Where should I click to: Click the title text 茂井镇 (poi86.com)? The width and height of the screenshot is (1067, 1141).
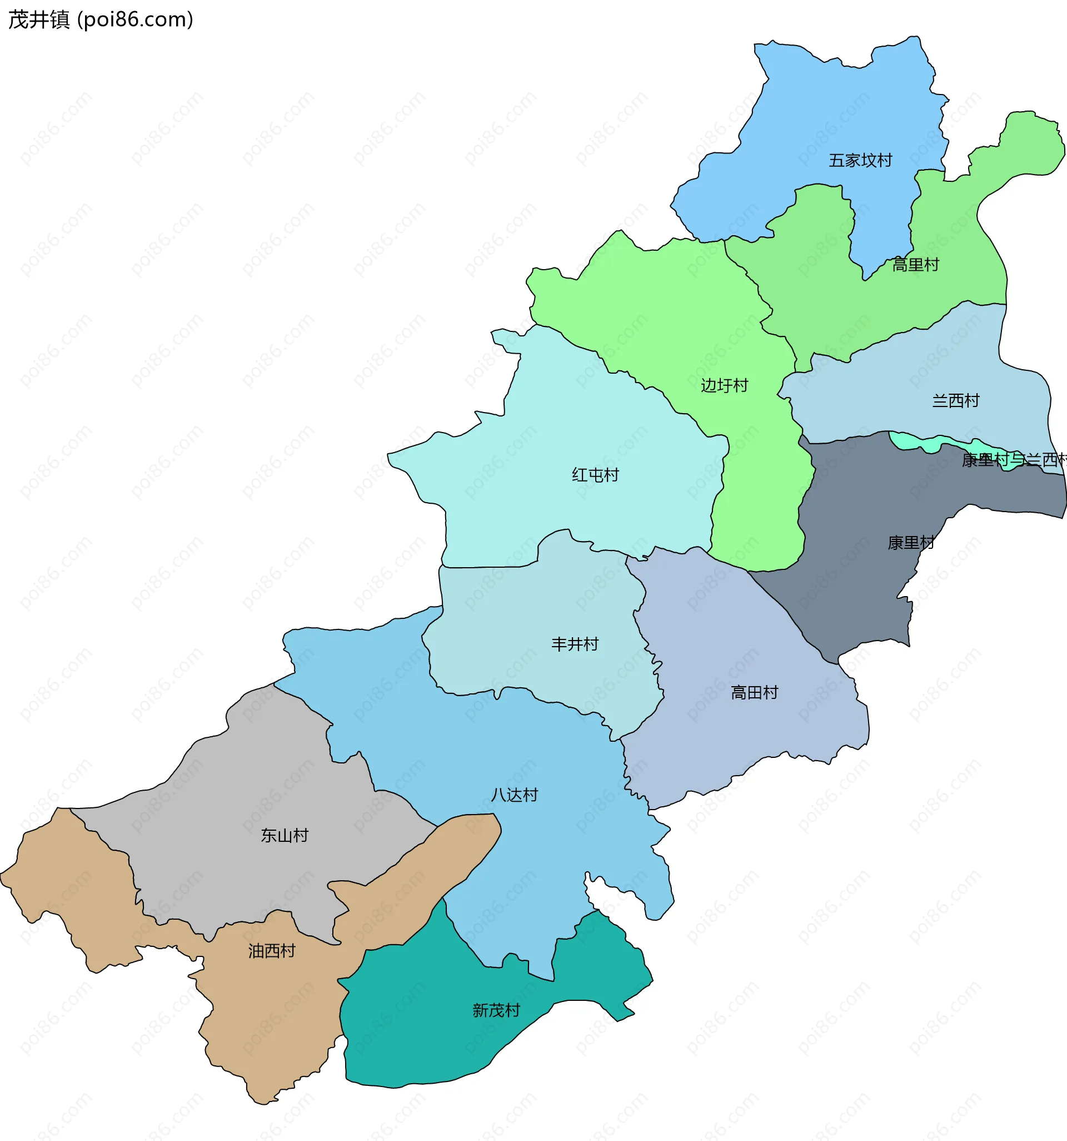coord(101,19)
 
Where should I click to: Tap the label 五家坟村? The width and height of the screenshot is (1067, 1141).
coord(860,160)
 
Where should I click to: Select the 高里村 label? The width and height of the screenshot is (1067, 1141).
coord(915,265)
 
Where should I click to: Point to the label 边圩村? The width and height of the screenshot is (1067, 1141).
coord(725,385)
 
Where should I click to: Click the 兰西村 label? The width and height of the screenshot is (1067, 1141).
coord(956,400)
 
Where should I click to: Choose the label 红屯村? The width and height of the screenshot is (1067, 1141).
coord(595,475)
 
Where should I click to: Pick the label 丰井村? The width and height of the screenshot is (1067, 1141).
coord(575,644)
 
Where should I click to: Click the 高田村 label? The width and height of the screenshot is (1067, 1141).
coord(754,693)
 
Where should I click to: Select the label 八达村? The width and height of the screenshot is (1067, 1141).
coord(515,795)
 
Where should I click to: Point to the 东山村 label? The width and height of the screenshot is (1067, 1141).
coord(285,835)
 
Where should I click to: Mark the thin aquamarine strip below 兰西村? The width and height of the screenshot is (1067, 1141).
coord(918,443)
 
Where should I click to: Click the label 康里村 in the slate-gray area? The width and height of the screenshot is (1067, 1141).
coord(911,542)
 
